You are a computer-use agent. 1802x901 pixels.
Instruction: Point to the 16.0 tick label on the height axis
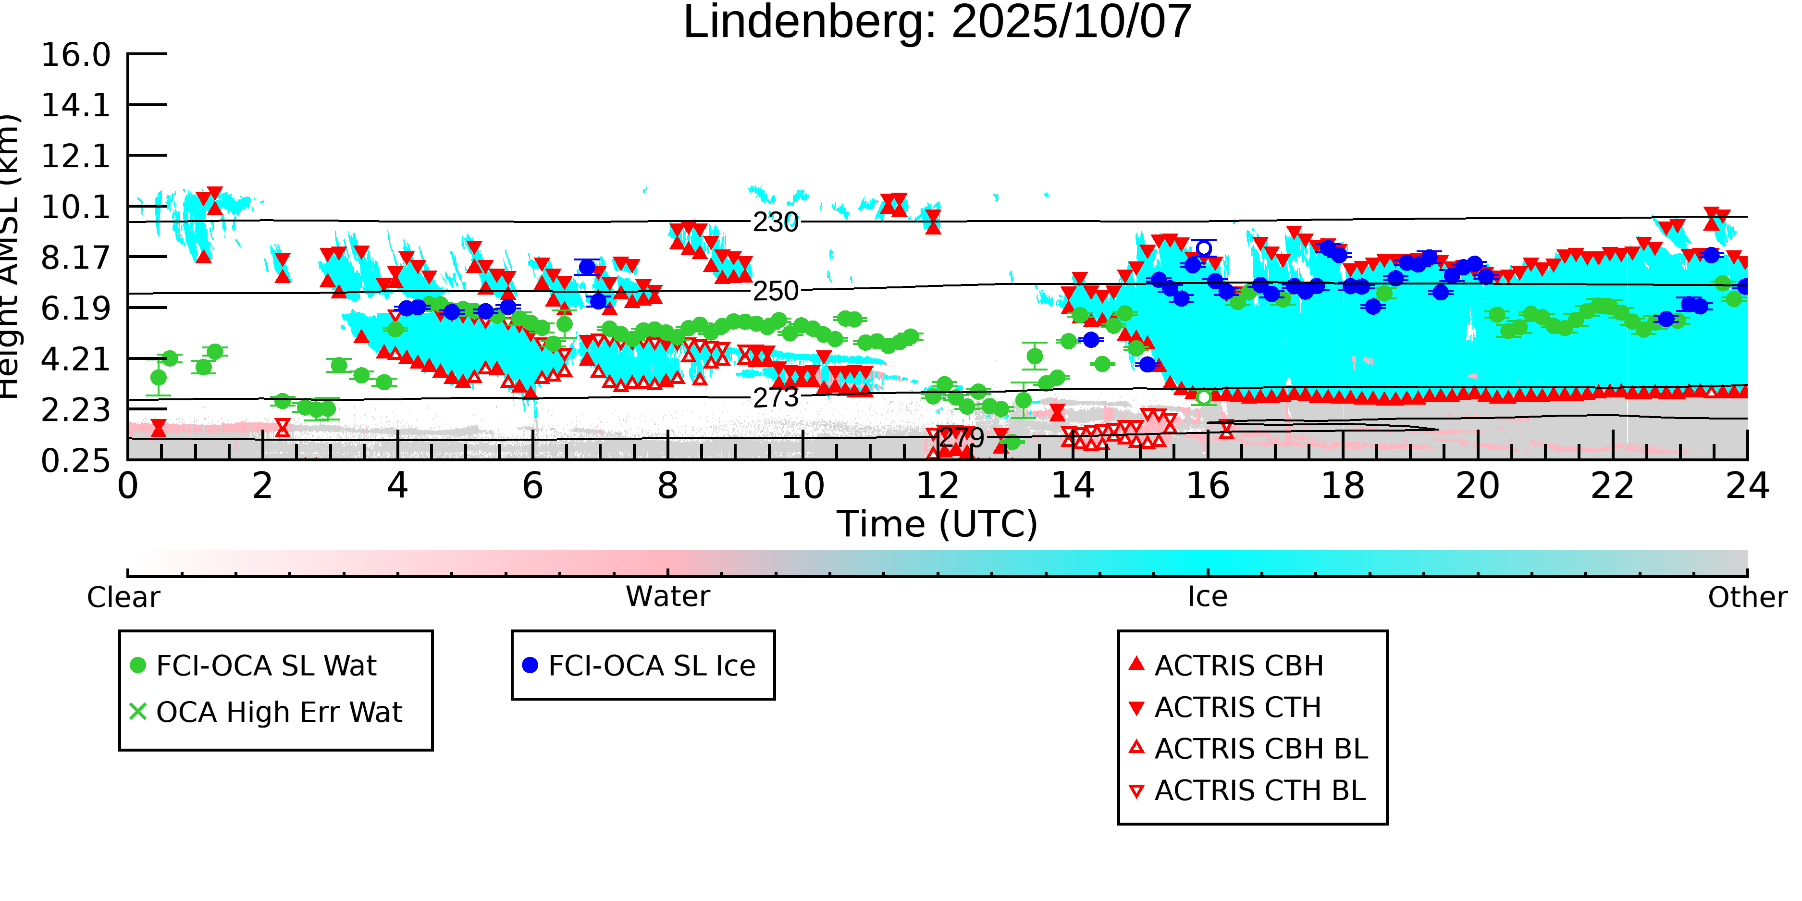pos(75,55)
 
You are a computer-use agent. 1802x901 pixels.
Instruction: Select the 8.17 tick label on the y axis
pos(75,258)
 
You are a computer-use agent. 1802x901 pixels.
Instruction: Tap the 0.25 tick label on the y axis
pos(75,461)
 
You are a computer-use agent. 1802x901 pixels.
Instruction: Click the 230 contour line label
pos(775,222)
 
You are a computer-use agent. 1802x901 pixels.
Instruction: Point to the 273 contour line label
pos(775,397)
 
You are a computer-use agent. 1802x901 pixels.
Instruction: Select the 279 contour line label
pos(961,438)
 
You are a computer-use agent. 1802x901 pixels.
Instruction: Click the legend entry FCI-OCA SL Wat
pos(266,665)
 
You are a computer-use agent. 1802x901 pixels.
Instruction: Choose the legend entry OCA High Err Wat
pos(278,712)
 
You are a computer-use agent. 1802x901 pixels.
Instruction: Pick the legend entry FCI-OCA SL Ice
pos(651,665)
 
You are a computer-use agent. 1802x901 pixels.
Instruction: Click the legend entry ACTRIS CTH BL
pos(1259,790)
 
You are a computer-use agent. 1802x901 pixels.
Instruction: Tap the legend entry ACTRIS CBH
pos(1238,665)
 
